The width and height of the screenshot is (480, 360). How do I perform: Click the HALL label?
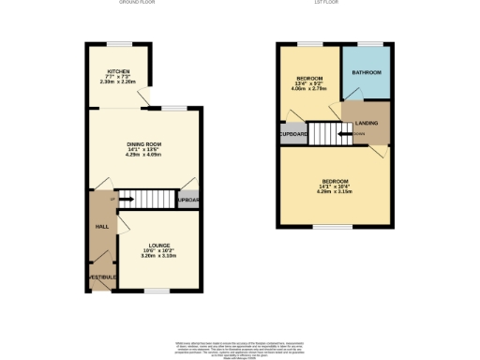[101, 227]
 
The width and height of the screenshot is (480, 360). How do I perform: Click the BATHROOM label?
[366, 72]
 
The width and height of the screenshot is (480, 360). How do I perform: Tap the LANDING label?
[367, 120]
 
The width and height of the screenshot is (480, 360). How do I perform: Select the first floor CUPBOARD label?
[293, 135]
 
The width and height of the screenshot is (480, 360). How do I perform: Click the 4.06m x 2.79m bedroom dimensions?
[310, 92]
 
